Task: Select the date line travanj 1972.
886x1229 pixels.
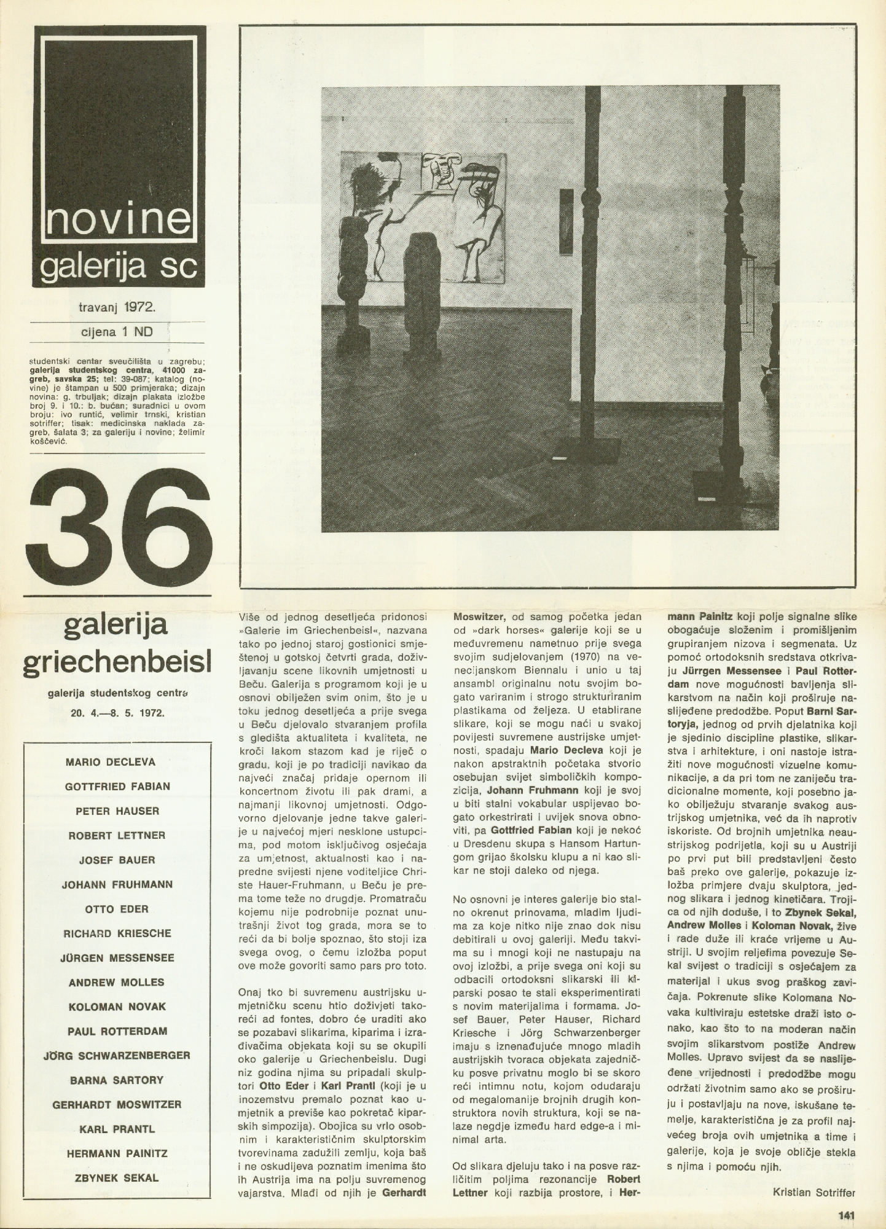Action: pos(117,305)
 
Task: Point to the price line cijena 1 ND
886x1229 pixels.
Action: pos(117,332)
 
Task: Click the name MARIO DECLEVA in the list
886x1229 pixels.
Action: pos(110,761)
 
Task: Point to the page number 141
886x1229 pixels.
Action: pos(847,1214)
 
